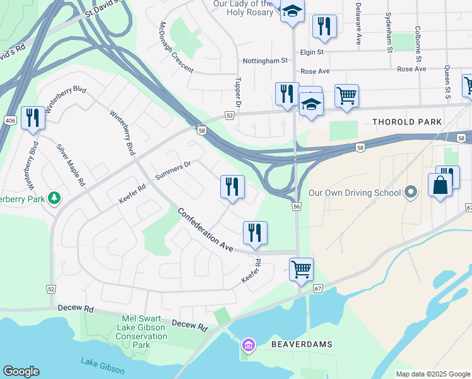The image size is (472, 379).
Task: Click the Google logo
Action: click(21, 371)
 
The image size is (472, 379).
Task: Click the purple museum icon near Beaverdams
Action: click(247, 345)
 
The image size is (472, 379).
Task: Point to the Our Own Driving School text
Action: click(355, 193)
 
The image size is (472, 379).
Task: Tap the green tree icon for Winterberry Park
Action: click(55, 199)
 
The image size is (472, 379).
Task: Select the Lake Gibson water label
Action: click(102, 366)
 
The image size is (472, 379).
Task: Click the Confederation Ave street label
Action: click(206, 228)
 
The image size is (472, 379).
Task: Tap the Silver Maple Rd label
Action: click(71, 164)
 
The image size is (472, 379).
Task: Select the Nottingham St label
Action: click(265, 61)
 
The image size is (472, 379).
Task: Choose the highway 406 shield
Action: click(9, 120)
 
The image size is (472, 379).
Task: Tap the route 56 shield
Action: click(296, 206)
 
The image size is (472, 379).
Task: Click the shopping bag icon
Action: click(440, 184)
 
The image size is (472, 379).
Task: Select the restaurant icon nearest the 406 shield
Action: click(33, 117)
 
